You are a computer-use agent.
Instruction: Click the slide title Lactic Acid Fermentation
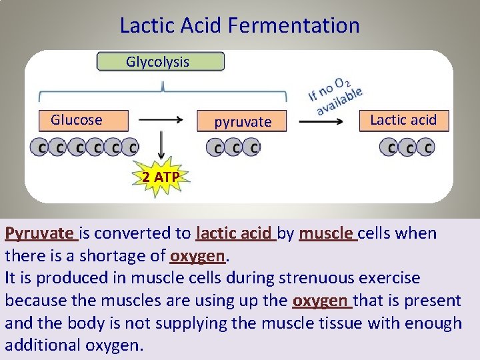(x=239, y=26)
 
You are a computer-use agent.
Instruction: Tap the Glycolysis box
(x=161, y=62)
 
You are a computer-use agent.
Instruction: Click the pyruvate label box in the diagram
(x=243, y=122)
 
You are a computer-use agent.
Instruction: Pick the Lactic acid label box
(x=403, y=120)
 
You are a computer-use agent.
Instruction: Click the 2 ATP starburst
(x=160, y=177)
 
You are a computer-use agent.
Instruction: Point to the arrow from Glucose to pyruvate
(x=161, y=120)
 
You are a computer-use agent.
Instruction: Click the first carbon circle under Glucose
(x=42, y=147)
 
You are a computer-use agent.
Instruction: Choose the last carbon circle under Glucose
(x=133, y=147)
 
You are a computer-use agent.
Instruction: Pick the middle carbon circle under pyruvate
(x=233, y=147)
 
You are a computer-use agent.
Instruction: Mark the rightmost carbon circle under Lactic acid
(x=427, y=147)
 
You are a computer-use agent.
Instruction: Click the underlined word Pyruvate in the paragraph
(x=39, y=233)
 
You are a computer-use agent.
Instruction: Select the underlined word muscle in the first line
(x=326, y=233)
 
